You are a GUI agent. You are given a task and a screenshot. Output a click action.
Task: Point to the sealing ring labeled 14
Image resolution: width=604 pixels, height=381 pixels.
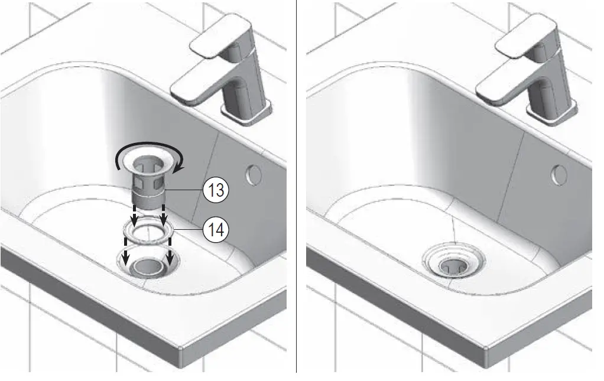148,231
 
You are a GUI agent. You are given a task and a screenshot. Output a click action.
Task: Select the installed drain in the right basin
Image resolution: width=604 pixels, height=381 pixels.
453,262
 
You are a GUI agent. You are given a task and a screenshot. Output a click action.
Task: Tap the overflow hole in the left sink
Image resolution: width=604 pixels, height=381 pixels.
252,174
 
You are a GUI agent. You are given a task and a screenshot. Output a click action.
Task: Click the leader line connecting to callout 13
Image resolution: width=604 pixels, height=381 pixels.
183,190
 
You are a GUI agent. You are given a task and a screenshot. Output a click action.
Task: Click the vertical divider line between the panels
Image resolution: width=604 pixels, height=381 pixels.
296,189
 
